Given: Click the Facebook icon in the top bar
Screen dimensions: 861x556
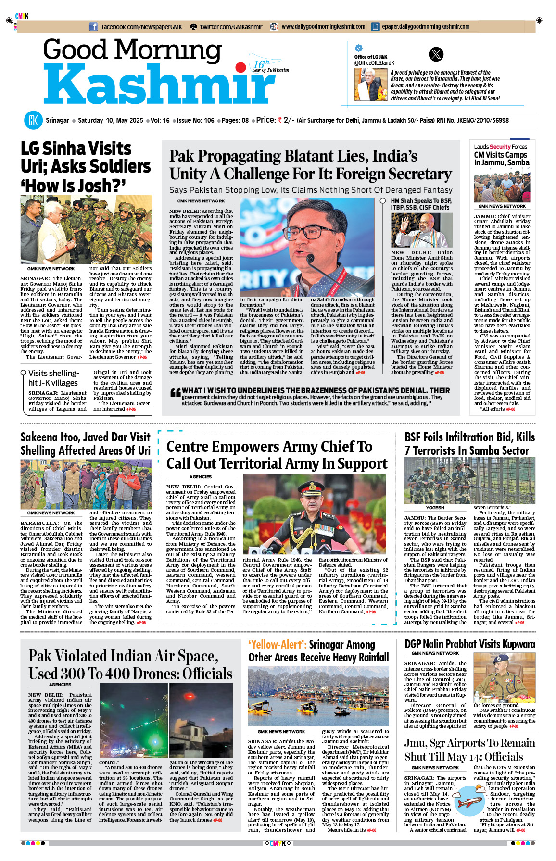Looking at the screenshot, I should pyautogui.click(x=93, y=27).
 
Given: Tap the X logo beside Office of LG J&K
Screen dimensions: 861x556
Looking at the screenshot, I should pyautogui.click(x=436, y=54).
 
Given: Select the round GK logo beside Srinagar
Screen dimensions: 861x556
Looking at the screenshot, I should pyautogui.click(x=33, y=120).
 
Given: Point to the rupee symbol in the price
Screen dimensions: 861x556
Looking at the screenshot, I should pyautogui.click(x=280, y=120).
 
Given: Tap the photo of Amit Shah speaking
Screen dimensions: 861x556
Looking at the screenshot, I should pyautogui.click(x=422, y=230).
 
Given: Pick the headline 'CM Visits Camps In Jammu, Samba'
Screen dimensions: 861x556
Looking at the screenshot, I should pyautogui.click(x=501, y=159).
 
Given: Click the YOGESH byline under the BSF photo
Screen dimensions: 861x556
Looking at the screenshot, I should pyautogui.click(x=435, y=508).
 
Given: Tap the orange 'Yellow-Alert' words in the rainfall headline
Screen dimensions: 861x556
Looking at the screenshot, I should pyautogui.click(x=278, y=645).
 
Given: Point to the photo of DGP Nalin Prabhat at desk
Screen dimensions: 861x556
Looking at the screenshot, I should pyautogui.click(x=504, y=678).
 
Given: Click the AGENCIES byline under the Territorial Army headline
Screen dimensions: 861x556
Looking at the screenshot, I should pyautogui.click(x=201, y=477).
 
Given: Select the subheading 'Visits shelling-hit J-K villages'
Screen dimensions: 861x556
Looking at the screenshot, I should pyautogui.click(x=53, y=378).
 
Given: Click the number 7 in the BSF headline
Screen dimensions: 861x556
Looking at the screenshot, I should pyautogui.click(x=408, y=451).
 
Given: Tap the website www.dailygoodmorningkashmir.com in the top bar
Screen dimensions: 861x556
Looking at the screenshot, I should pyautogui.click(x=323, y=27).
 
